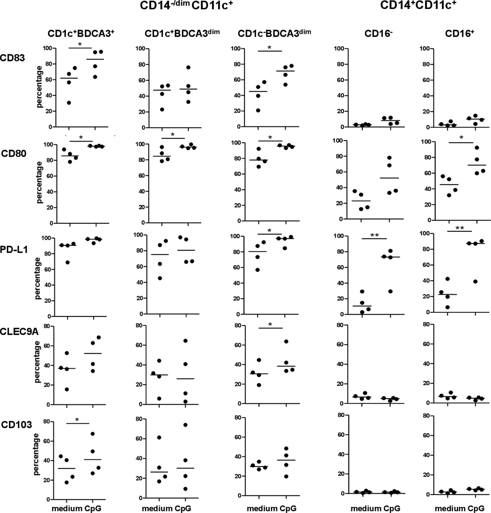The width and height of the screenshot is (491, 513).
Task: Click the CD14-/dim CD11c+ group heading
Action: [186, 6]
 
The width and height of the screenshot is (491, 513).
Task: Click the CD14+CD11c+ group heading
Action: [418, 5]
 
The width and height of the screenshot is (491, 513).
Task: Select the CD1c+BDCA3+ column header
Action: [81, 33]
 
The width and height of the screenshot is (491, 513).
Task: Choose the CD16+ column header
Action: [460, 34]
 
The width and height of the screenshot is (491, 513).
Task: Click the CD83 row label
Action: [13, 58]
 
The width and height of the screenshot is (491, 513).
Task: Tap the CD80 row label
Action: [14, 154]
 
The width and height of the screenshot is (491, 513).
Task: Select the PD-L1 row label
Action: [14, 250]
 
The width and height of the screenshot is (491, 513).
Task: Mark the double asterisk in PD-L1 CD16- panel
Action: [374, 235]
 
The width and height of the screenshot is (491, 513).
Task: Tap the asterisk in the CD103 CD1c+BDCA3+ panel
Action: [77, 420]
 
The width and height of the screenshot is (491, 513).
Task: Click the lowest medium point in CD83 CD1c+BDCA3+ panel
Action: [69, 103]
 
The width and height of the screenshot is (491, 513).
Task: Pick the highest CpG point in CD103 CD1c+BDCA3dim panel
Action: [185, 425]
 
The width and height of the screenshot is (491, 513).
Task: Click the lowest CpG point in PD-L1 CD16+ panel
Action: [475, 282]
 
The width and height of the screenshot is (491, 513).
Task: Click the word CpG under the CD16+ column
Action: [476, 508]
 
